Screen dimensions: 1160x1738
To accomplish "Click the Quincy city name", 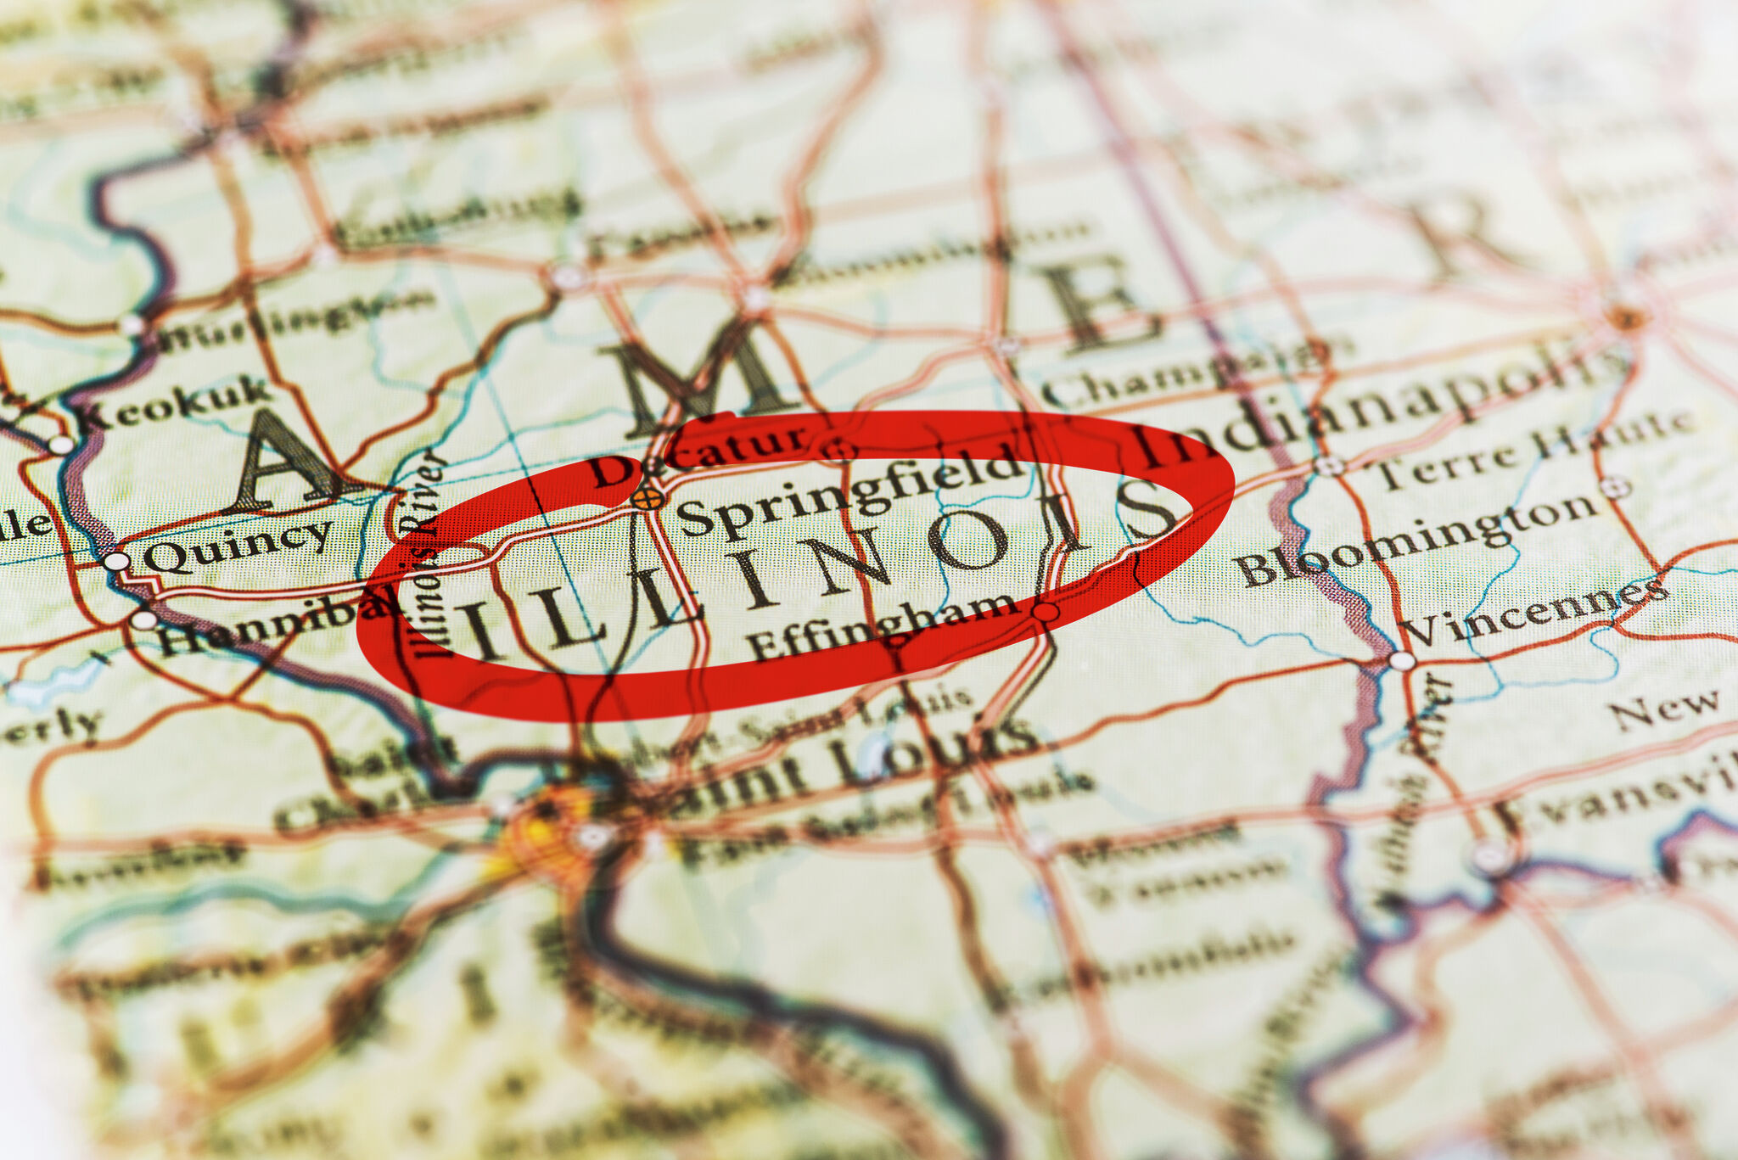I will [x=238, y=543].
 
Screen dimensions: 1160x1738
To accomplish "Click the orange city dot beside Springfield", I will [x=648, y=499].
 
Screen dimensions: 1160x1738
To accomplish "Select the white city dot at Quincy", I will [x=116, y=561].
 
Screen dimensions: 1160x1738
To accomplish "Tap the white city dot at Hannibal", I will [x=143, y=619].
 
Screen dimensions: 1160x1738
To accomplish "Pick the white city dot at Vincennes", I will [x=1402, y=660].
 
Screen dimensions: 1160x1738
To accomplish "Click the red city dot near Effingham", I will [x=1046, y=611].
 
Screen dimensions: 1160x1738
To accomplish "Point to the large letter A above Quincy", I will [x=284, y=462].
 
